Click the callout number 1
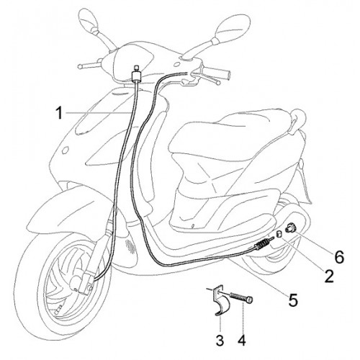[59, 112]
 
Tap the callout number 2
[328, 276]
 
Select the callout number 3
[220, 340]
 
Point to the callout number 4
[243, 340]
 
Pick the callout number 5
[293, 300]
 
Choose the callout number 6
[339, 257]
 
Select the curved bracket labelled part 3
[220, 300]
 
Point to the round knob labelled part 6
[289, 228]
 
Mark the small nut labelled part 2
[279, 234]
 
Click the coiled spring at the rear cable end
[262, 244]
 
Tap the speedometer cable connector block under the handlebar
[137, 74]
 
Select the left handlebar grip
[88, 66]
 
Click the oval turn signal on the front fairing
[65, 150]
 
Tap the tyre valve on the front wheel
[58, 309]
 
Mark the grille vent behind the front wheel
[130, 246]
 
